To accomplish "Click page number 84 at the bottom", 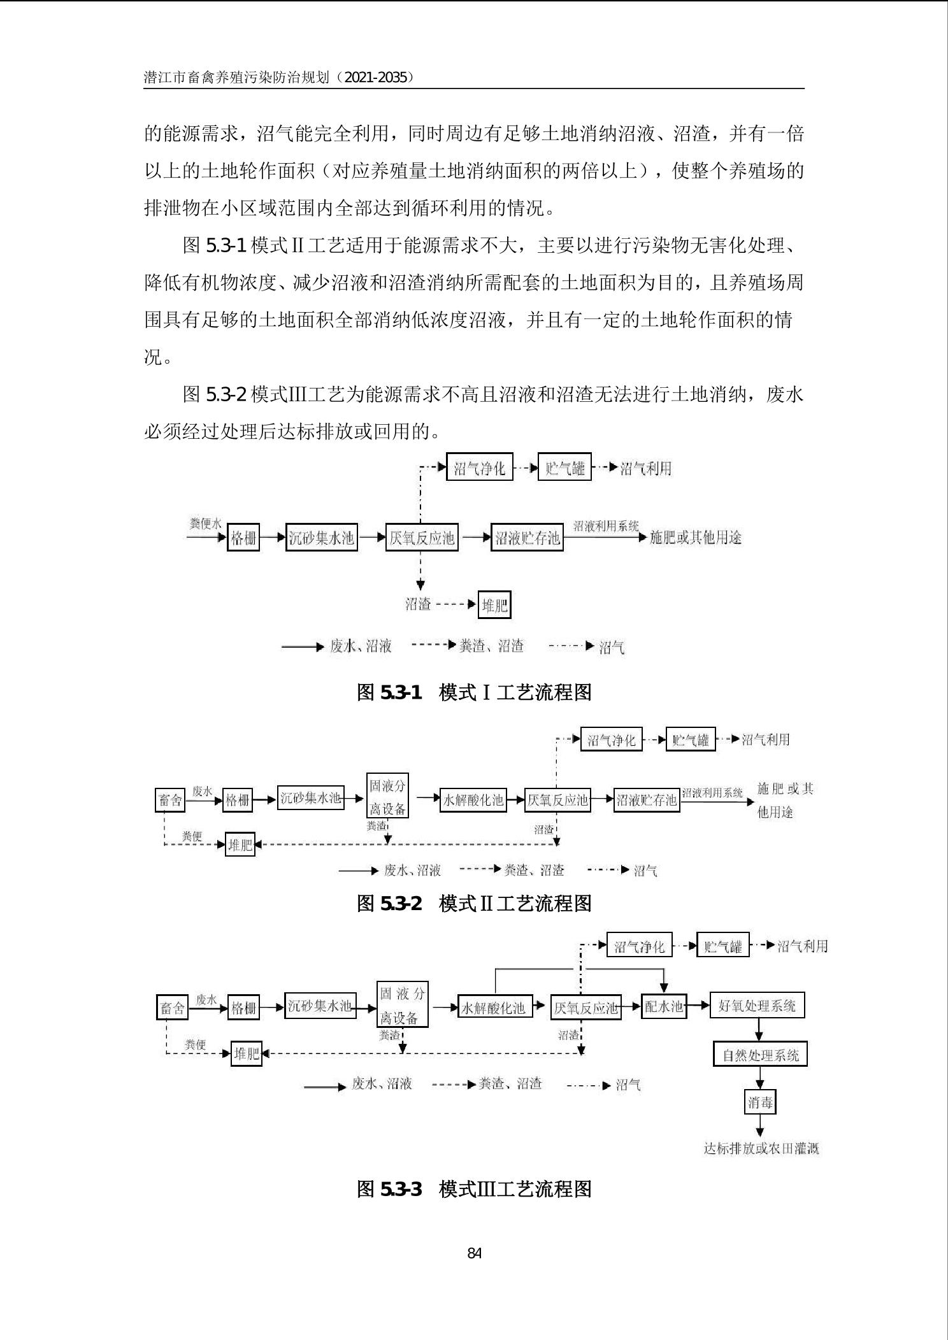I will (474, 1253).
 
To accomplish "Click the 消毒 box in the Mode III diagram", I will (759, 1102).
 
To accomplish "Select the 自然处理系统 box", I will (759, 1055).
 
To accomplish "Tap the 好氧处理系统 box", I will (757, 1006).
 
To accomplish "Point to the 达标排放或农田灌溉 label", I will (761, 1148).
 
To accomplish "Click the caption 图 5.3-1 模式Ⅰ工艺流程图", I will (474, 692).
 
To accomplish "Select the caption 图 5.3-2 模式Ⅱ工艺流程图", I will (474, 902).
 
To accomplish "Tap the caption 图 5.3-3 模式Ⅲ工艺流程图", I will (474, 1188).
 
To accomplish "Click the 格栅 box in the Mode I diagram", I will (243, 538).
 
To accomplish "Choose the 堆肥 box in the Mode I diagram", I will (494, 605).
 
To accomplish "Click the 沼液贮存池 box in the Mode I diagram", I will (527, 538).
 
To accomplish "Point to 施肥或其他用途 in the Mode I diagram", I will (695, 538).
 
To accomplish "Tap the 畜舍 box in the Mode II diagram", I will (170, 800).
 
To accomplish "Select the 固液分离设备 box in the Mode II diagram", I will (387, 795).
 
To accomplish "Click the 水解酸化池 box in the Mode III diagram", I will (494, 1008).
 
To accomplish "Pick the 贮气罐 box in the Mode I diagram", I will (564, 469).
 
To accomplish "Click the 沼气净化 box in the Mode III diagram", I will (638, 946).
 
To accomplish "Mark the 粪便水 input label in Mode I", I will (205, 524).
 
